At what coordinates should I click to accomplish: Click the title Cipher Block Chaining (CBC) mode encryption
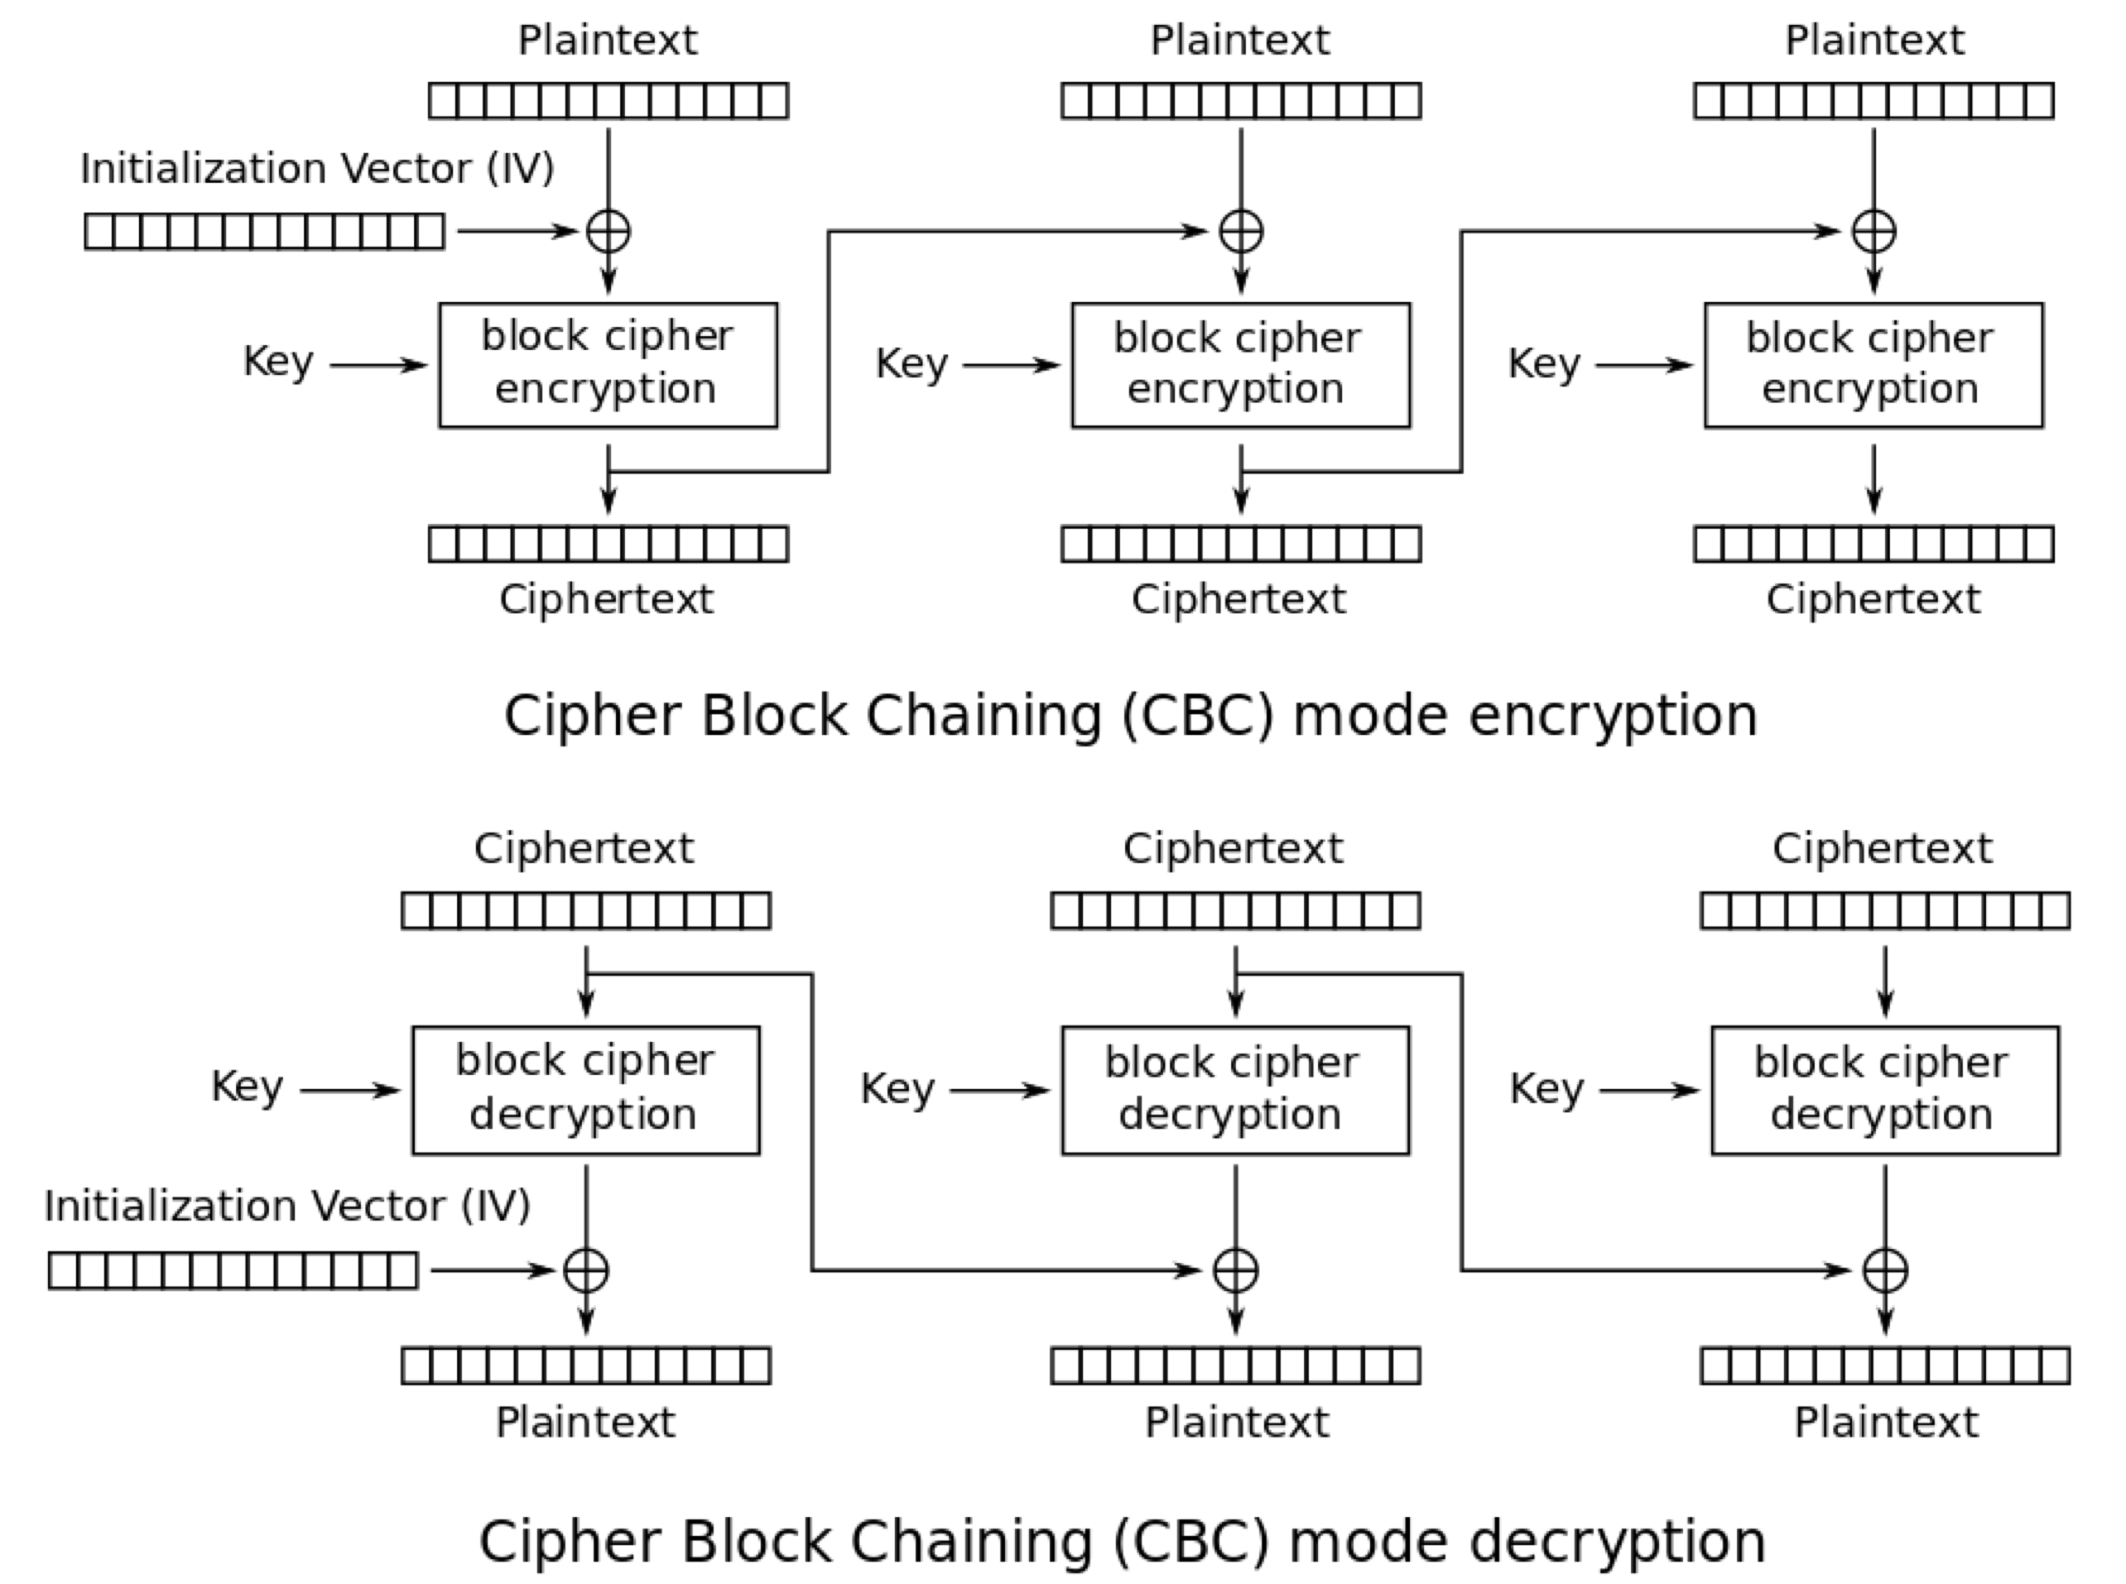tap(1130, 716)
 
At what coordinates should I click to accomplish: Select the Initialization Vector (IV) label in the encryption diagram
tap(317, 169)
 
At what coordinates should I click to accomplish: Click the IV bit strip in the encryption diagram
tap(265, 232)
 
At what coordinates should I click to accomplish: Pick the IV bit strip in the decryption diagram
tap(233, 1271)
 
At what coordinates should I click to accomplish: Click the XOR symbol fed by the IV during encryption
tap(608, 232)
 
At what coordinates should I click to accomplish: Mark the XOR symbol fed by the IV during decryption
tap(586, 1271)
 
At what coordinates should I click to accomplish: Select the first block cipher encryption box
tap(608, 365)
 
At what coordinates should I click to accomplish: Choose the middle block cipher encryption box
tap(1241, 365)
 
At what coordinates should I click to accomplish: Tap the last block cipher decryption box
tap(1884, 1090)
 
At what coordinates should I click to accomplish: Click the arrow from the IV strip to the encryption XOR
tap(517, 232)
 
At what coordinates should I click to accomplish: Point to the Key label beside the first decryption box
tap(247, 1087)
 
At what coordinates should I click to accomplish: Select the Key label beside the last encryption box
tap(1543, 363)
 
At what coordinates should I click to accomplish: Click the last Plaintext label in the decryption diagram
tap(1885, 1423)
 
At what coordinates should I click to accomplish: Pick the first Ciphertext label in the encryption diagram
tap(606, 600)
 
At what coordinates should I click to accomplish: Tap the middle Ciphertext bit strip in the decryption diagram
tap(1235, 911)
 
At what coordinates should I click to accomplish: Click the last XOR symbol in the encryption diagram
tap(1873, 232)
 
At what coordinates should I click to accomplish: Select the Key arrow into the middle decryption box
tap(999, 1091)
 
